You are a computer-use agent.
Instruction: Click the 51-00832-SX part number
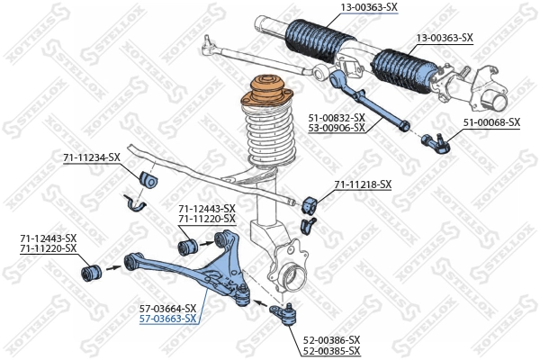337,117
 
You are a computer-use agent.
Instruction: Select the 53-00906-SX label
337,128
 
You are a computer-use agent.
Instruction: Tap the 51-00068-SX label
491,121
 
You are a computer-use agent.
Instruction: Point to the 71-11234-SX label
91,157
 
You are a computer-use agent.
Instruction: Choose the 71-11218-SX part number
363,184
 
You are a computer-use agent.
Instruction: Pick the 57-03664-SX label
167,308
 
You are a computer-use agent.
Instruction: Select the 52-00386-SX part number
331,339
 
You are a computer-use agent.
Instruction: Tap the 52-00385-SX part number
331,350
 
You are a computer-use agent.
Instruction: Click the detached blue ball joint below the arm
286,314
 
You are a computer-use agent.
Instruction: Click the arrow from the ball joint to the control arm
259,300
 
